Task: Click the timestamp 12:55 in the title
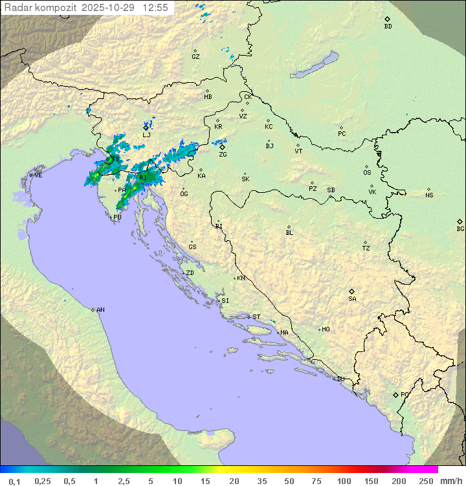click(x=155, y=8)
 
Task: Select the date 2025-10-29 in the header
click(x=110, y=8)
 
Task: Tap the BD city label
click(x=388, y=27)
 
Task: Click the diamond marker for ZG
click(x=222, y=147)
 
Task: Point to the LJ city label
click(x=146, y=135)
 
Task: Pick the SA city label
click(x=352, y=299)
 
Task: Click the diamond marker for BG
click(x=460, y=221)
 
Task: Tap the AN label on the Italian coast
click(x=100, y=310)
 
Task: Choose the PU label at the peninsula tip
click(x=117, y=217)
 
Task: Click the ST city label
click(x=256, y=317)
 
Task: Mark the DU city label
click(x=340, y=379)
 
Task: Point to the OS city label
click(x=367, y=173)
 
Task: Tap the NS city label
click(x=429, y=195)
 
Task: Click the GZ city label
click(x=195, y=57)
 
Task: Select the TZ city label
click(x=366, y=249)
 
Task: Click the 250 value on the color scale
click(x=426, y=481)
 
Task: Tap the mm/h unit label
click(x=450, y=481)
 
